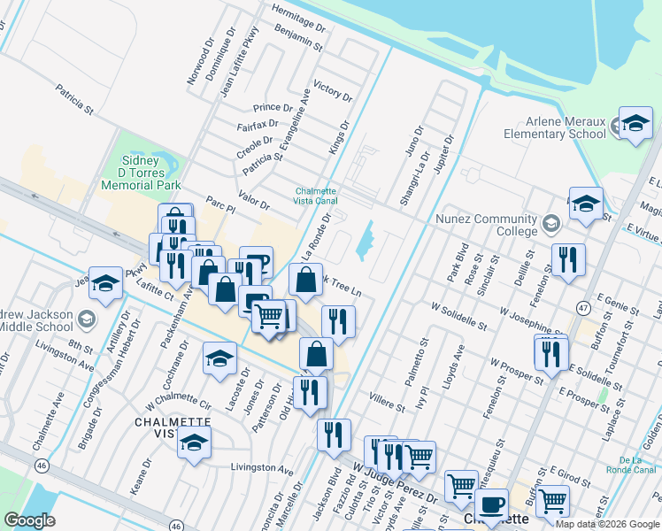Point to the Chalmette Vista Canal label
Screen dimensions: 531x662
tap(317, 196)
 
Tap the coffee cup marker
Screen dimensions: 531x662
tap(491, 505)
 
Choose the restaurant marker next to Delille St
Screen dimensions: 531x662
tap(567, 260)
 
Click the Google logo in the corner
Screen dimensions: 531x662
tap(30, 520)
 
